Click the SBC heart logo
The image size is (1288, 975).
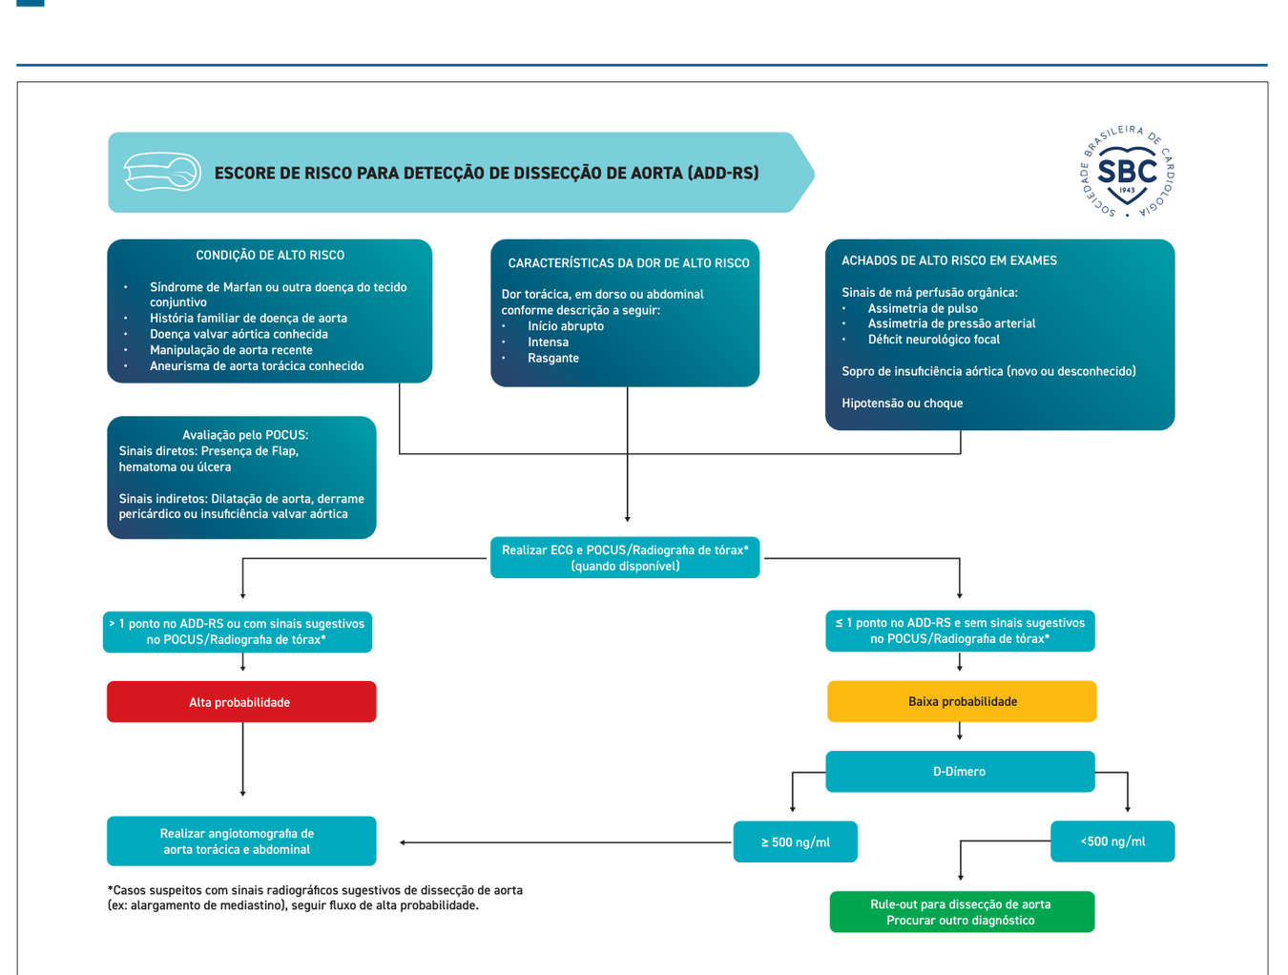(x=1127, y=172)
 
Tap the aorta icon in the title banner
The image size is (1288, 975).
(x=162, y=172)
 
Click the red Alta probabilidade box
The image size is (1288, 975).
(x=241, y=701)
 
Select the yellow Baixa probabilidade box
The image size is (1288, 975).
(x=962, y=701)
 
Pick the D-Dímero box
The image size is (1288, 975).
(x=960, y=772)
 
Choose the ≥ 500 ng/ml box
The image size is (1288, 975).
(x=795, y=841)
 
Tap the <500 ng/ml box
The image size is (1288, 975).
(x=1112, y=841)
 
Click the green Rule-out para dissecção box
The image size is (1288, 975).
(x=962, y=912)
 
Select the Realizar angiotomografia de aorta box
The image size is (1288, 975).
(x=241, y=841)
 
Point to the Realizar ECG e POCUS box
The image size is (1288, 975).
(x=625, y=557)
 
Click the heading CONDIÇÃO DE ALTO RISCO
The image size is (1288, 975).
(x=270, y=255)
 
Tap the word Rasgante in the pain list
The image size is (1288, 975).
(x=552, y=358)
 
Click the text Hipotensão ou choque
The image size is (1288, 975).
(x=902, y=403)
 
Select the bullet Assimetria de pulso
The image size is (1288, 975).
(x=923, y=308)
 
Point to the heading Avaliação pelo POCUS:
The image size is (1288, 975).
(x=245, y=435)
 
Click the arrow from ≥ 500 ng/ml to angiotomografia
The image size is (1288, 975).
(x=566, y=842)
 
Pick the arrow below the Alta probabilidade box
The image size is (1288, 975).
(x=242, y=759)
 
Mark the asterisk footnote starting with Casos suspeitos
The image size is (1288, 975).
(x=315, y=898)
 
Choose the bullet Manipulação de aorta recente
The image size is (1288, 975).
(x=231, y=349)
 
